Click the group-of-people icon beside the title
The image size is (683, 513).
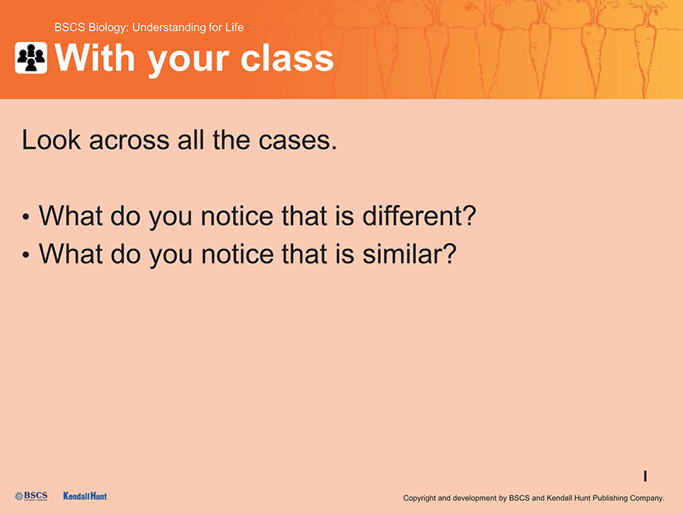pyautogui.click(x=31, y=58)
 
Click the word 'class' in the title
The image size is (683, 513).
pyautogui.click(x=287, y=59)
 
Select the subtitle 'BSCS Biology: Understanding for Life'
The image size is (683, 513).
pyautogui.click(x=149, y=27)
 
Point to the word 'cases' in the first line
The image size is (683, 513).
pyautogui.click(x=297, y=141)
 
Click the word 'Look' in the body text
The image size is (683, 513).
pyautogui.click(x=52, y=140)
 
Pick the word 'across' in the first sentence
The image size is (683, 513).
pyautogui.click(x=129, y=141)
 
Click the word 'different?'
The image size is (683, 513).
pyautogui.click(x=420, y=216)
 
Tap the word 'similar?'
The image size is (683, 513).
pyautogui.click(x=410, y=253)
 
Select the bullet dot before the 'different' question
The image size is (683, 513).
pyautogui.click(x=26, y=217)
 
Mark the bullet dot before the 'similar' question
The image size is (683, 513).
pyautogui.click(x=26, y=255)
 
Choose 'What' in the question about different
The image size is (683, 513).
pyautogui.click(x=71, y=216)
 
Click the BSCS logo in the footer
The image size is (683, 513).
pyautogui.click(x=31, y=496)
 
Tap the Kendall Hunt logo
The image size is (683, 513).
pyautogui.click(x=85, y=496)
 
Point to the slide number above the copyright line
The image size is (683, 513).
pyautogui.click(x=645, y=476)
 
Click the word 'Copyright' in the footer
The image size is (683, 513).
pyautogui.click(x=420, y=498)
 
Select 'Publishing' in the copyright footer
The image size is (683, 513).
pyautogui.click(x=611, y=498)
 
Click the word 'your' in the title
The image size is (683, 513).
pyautogui.click(x=187, y=61)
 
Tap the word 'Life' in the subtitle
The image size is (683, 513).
pyautogui.click(x=234, y=27)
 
